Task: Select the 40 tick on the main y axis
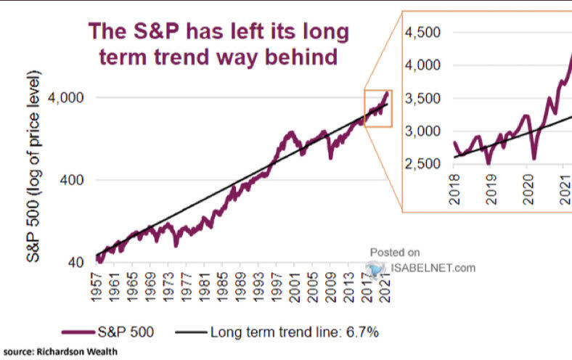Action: tap(76, 263)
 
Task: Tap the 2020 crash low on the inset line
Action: tap(534, 157)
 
